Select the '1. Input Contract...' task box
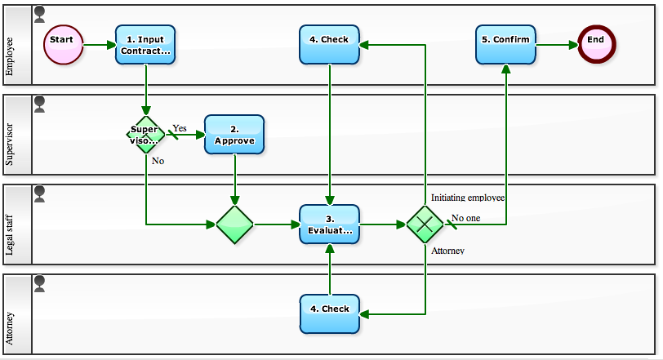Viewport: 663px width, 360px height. (x=145, y=44)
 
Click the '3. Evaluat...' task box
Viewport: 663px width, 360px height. (x=329, y=224)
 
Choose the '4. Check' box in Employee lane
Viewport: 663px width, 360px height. (x=329, y=44)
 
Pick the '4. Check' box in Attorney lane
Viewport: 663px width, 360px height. (x=329, y=313)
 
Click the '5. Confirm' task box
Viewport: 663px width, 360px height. (x=506, y=44)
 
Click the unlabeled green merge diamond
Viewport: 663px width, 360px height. (x=234, y=224)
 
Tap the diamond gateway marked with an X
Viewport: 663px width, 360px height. (x=425, y=224)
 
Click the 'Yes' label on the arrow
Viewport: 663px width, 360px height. (x=179, y=128)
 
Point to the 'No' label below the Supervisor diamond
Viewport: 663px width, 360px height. (x=158, y=161)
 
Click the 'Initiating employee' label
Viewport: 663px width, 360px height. (x=468, y=198)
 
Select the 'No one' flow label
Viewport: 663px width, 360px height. (x=466, y=218)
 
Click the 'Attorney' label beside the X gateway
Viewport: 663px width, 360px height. (x=447, y=251)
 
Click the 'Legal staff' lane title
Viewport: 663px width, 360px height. (x=10, y=224)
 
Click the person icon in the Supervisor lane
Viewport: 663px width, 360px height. (x=39, y=103)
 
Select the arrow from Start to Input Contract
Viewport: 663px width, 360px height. (x=99, y=44)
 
